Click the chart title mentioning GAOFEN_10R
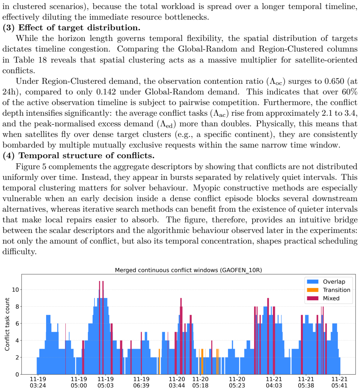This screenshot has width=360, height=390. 188,270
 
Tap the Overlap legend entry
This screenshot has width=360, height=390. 326,281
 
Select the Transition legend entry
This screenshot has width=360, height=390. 328,290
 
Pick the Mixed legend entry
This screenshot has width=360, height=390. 323,298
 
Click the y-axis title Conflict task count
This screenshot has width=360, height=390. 7,324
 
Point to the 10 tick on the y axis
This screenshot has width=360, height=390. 15,290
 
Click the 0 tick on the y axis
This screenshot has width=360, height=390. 17,374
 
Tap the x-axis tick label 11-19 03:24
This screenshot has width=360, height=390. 38,382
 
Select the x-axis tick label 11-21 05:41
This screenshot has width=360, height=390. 340,382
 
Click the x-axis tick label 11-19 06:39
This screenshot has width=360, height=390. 141,382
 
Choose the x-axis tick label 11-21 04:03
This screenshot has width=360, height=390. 274,382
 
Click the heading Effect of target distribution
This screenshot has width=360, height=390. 79,28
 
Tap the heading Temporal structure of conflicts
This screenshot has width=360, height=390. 86,155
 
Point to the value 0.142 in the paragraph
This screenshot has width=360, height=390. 106,92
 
